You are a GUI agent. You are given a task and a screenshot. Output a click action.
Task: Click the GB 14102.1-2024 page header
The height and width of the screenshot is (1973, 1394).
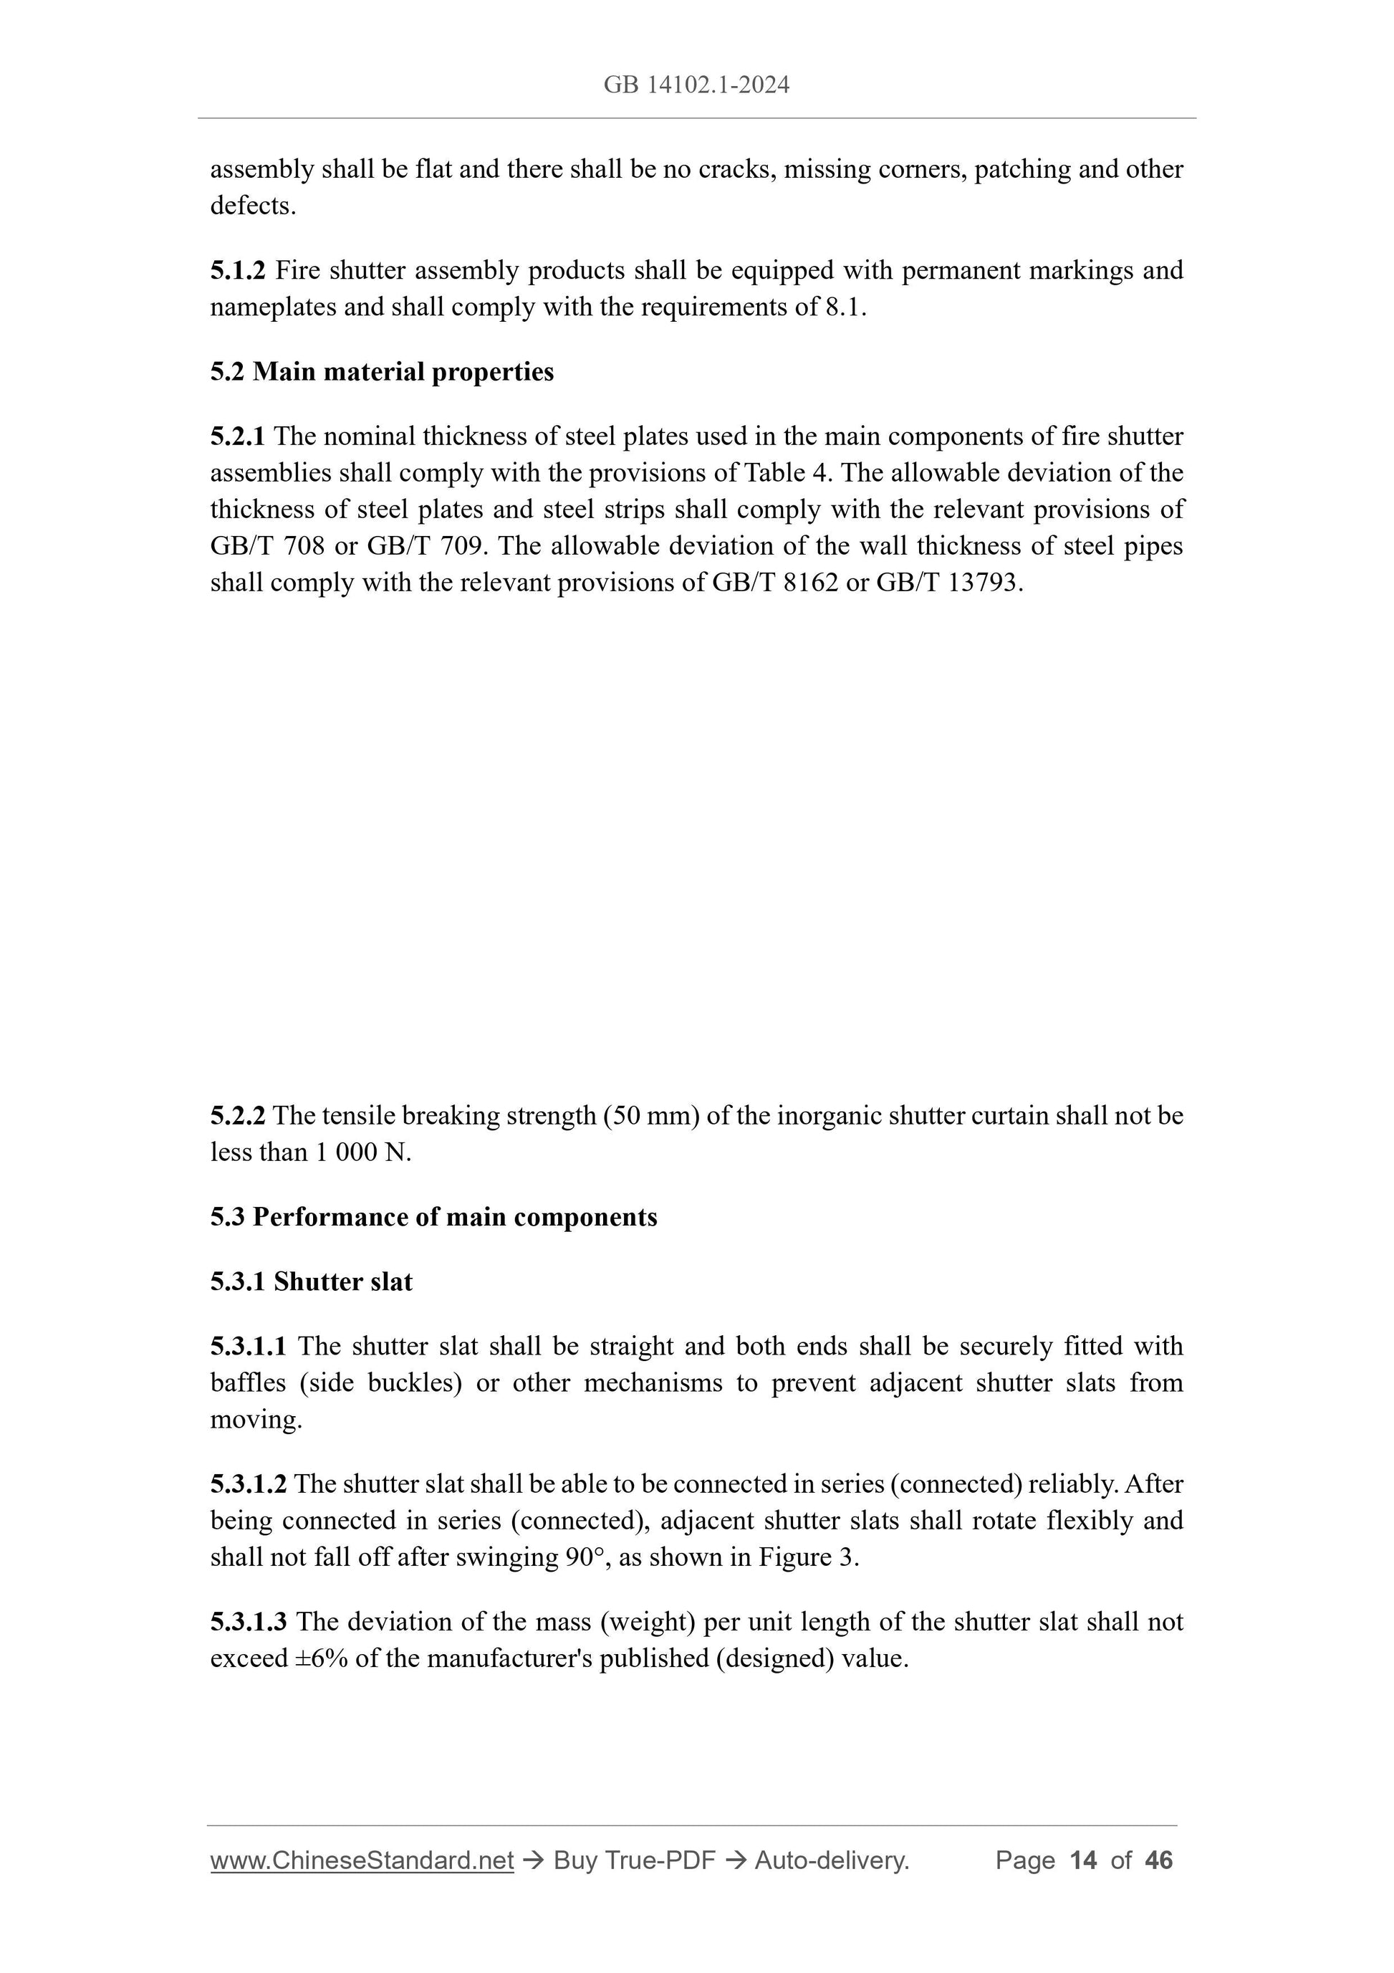pyautogui.click(x=696, y=85)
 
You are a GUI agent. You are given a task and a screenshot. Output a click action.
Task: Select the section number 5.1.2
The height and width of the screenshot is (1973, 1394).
pyautogui.click(x=238, y=271)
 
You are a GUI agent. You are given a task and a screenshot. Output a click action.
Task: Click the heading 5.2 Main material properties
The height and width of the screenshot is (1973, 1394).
pyautogui.click(x=383, y=372)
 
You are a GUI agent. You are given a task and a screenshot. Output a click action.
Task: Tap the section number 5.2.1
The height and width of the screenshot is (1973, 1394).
pyautogui.click(x=238, y=436)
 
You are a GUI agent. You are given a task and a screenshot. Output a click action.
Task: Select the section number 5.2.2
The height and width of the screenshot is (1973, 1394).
pyautogui.click(x=238, y=1115)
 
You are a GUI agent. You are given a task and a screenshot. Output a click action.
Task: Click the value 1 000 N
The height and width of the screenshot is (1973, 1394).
pyautogui.click(x=362, y=1152)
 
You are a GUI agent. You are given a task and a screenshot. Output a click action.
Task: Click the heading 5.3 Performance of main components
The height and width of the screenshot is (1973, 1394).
pyautogui.click(x=434, y=1217)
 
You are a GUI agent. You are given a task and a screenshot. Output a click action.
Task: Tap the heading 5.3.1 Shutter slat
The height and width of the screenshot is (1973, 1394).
pyautogui.click(x=311, y=1281)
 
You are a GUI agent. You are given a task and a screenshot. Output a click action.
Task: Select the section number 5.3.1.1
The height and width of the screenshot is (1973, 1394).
pyautogui.click(x=249, y=1346)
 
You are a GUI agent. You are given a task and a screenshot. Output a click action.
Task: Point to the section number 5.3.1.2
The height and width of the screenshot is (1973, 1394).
pyautogui.click(x=249, y=1484)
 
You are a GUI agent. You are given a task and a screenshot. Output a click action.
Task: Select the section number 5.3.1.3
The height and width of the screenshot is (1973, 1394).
pyautogui.click(x=249, y=1622)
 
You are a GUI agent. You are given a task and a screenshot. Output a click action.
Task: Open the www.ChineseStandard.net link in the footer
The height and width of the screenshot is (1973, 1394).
pyautogui.click(x=362, y=1860)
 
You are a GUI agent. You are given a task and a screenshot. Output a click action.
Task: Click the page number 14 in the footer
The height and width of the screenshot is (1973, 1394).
pyautogui.click(x=1083, y=1860)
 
